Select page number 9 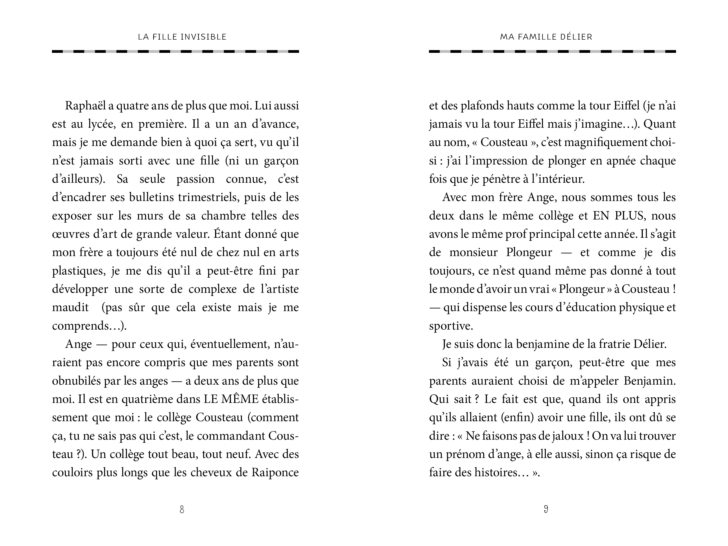pyautogui.click(x=546, y=510)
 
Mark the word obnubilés pyautogui.click(x=76, y=381)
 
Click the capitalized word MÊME pyautogui.click(x=240, y=399)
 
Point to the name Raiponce pyautogui.click(x=275, y=473)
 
